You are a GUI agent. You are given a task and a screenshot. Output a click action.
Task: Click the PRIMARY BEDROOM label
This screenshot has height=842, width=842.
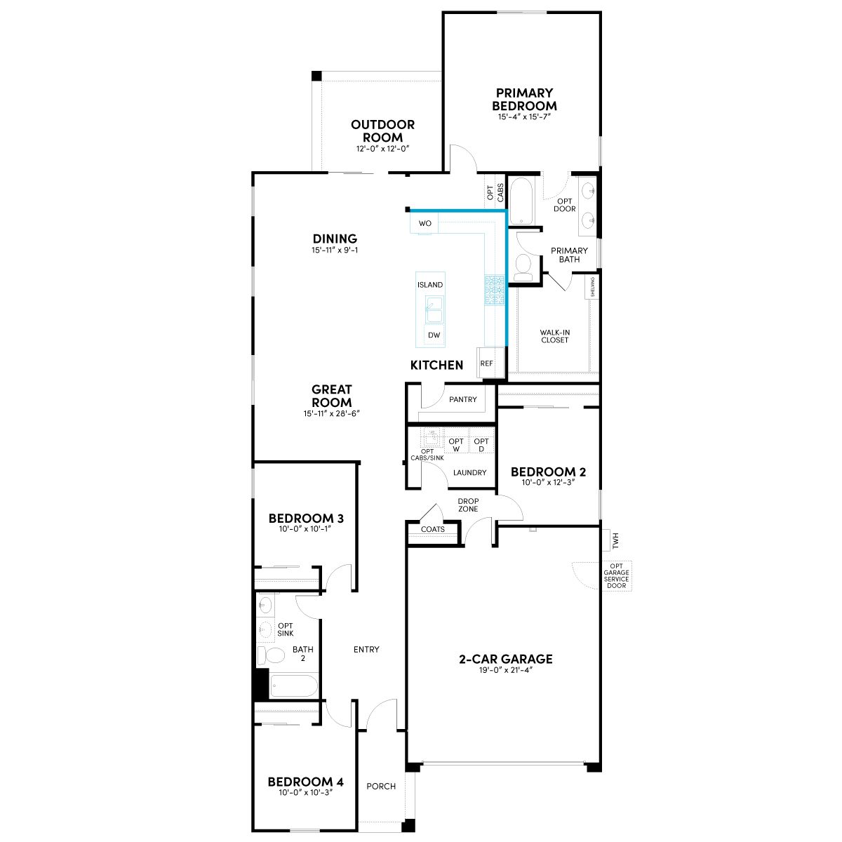pyautogui.click(x=524, y=99)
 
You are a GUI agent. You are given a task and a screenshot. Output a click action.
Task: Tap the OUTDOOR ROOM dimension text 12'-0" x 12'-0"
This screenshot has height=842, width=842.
pyautogui.click(x=382, y=149)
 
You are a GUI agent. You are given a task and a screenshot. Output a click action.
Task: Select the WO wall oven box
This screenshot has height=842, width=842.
pyautogui.click(x=425, y=223)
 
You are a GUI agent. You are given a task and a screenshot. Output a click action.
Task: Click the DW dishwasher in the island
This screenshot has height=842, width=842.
pyautogui.click(x=434, y=335)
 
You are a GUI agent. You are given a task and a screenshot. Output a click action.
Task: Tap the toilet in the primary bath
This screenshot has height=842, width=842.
pyautogui.click(x=523, y=267)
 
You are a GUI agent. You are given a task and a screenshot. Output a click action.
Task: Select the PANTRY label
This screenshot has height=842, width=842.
pyautogui.click(x=462, y=399)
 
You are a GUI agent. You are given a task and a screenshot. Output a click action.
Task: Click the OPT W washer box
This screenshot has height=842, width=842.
pyautogui.click(x=456, y=445)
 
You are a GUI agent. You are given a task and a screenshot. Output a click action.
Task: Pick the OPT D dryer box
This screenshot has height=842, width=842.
pyautogui.click(x=481, y=445)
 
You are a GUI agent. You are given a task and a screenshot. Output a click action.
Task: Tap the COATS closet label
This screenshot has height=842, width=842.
pyautogui.click(x=433, y=529)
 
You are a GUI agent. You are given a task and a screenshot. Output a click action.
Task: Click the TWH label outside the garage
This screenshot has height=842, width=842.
pyautogui.click(x=615, y=540)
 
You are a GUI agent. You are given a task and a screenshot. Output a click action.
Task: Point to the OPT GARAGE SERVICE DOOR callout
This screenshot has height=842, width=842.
pyautogui.click(x=617, y=575)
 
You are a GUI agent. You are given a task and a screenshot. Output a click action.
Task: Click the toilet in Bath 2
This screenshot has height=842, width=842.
pyautogui.click(x=270, y=655)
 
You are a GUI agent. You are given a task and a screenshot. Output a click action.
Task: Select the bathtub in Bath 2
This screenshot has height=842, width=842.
pyautogui.click(x=293, y=686)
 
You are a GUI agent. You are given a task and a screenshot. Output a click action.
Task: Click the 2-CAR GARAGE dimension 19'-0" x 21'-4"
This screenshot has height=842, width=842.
pyautogui.click(x=505, y=670)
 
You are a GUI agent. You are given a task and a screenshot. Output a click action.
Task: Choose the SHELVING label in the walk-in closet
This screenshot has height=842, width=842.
pyautogui.click(x=592, y=287)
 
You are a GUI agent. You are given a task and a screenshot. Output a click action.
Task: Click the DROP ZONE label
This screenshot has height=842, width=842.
pyautogui.click(x=468, y=504)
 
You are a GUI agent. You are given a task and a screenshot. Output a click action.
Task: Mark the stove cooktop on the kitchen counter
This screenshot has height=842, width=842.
pyautogui.click(x=495, y=289)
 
